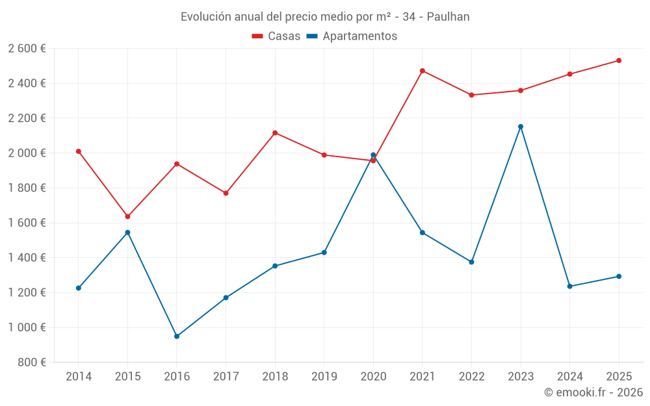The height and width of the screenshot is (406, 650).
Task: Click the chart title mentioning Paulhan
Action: [x=325, y=17]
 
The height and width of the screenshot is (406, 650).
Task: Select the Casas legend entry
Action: [x=276, y=36]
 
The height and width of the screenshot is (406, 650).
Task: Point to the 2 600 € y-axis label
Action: [x=27, y=49]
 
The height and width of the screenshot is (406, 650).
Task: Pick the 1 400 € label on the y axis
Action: [x=27, y=258]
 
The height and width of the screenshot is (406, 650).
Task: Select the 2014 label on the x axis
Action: [x=79, y=377]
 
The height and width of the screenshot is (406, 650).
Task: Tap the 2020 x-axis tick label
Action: [x=373, y=377]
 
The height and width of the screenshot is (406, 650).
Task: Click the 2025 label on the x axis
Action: [x=619, y=377]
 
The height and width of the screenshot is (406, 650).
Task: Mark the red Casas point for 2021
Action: [x=422, y=71]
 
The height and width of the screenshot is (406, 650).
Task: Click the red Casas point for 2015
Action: [x=127, y=216]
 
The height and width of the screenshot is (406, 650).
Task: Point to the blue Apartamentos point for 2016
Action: [x=177, y=336]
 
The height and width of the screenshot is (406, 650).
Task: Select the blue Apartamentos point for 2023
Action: [x=521, y=127]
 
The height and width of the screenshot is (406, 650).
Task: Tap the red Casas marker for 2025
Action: [x=619, y=60]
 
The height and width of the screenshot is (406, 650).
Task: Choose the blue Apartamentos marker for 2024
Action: [x=570, y=286]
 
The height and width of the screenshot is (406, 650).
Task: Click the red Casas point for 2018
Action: [x=275, y=133]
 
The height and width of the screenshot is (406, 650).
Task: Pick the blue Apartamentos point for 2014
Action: [x=79, y=288]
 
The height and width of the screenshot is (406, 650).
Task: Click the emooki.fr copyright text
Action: [x=593, y=392]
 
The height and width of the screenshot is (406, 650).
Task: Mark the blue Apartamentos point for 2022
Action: [x=472, y=262]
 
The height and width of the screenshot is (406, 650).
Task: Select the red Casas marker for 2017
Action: [x=226, y=194]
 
